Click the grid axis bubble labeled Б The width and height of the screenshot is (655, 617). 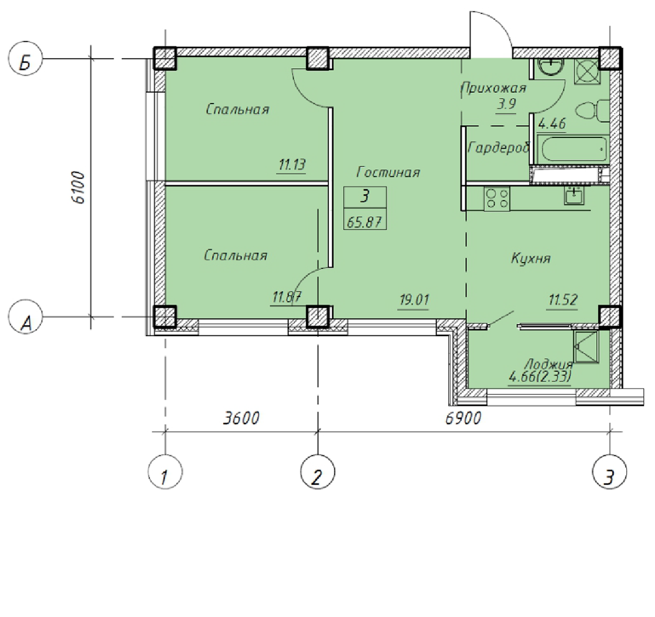(25, 59)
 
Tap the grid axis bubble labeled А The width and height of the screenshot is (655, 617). (25, 317)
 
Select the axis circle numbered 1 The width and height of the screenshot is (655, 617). (166, 472)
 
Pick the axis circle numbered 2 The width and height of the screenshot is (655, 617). (317, 472)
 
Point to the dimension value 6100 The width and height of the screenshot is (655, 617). (78, 187)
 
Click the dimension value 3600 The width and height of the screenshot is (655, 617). (241, 418)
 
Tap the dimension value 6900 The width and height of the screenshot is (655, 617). (463, 418)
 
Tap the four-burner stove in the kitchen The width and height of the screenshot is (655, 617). (497, 199)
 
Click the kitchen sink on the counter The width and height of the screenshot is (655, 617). (575, 195)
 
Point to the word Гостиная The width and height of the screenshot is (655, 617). (388, 172)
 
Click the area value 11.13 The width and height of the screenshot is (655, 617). (292, 165)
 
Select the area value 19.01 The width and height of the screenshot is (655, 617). (414, 300)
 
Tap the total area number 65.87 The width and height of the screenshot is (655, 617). (365, 222)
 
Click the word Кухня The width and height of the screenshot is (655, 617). (530, 259)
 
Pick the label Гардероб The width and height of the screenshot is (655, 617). (499, 147)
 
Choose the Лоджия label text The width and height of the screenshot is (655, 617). (549, 364)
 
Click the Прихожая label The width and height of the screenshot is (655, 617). (494, 88)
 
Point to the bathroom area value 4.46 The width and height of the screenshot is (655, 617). (552, 123)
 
